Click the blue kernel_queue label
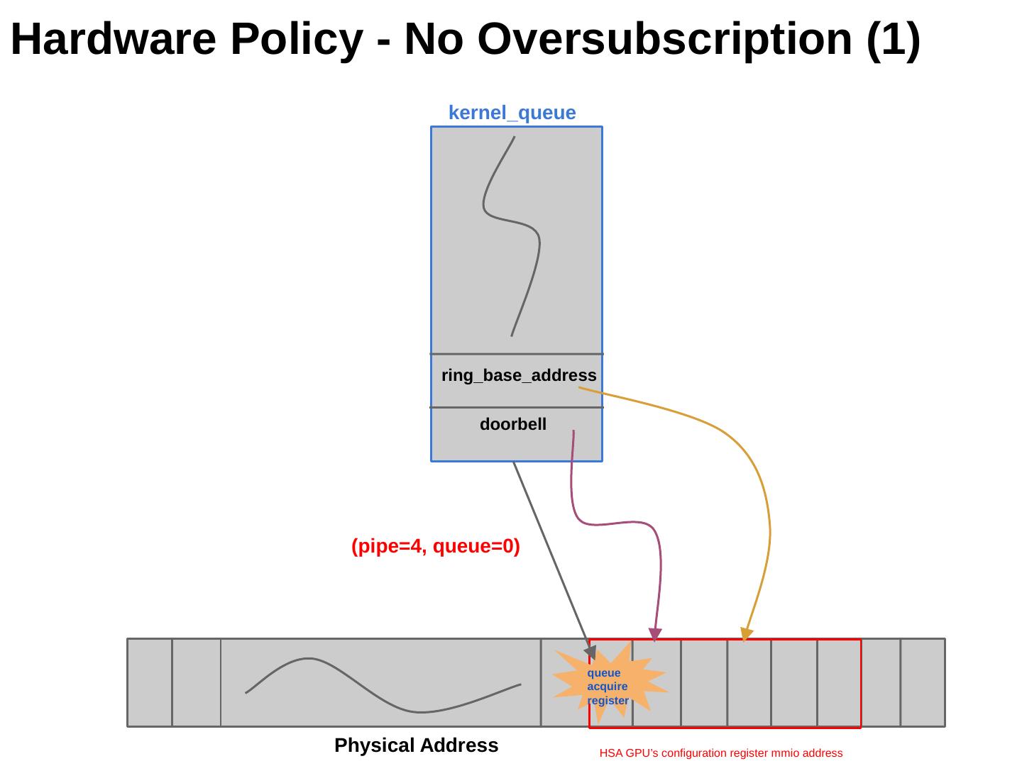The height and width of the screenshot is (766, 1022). coord(512,113)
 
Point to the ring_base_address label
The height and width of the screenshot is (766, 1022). coord(519,375)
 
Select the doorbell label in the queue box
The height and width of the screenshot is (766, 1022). coord(513,424)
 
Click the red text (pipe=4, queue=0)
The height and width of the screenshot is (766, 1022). coord(436,546)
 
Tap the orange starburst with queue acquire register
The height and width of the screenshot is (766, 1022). coord(609,683)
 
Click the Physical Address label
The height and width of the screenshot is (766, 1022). coord(416,745)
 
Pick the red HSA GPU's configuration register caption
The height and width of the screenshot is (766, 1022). coord(720,753)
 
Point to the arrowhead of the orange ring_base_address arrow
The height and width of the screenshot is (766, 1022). coord(746,634)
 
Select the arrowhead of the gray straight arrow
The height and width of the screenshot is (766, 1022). coord(590,651)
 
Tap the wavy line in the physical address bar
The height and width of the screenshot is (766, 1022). coord(383,684)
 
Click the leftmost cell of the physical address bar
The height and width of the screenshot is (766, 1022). coord(150,682)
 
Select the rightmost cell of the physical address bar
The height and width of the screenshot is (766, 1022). coord(923,682)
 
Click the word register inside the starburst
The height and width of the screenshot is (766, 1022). coord(608,701)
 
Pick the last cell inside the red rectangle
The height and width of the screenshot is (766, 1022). coord(839,682)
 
